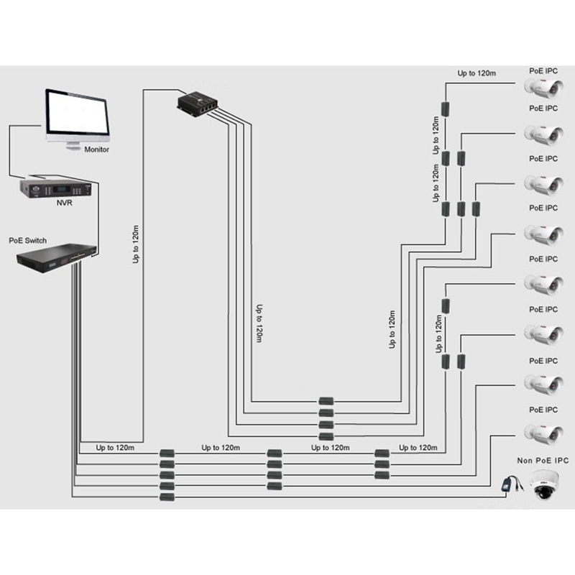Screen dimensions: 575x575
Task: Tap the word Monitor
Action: point(97,150)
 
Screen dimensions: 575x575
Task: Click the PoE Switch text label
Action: point(28,240)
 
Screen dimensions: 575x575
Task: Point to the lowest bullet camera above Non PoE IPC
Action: point(543,433)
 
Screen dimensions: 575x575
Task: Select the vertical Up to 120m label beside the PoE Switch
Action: point(137,245)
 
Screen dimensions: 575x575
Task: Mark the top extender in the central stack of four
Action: point(326,401)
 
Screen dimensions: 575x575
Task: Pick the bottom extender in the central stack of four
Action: point(326,436)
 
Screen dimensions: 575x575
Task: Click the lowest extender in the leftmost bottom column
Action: point(167,497)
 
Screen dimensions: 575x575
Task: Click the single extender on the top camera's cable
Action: point(446,109)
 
